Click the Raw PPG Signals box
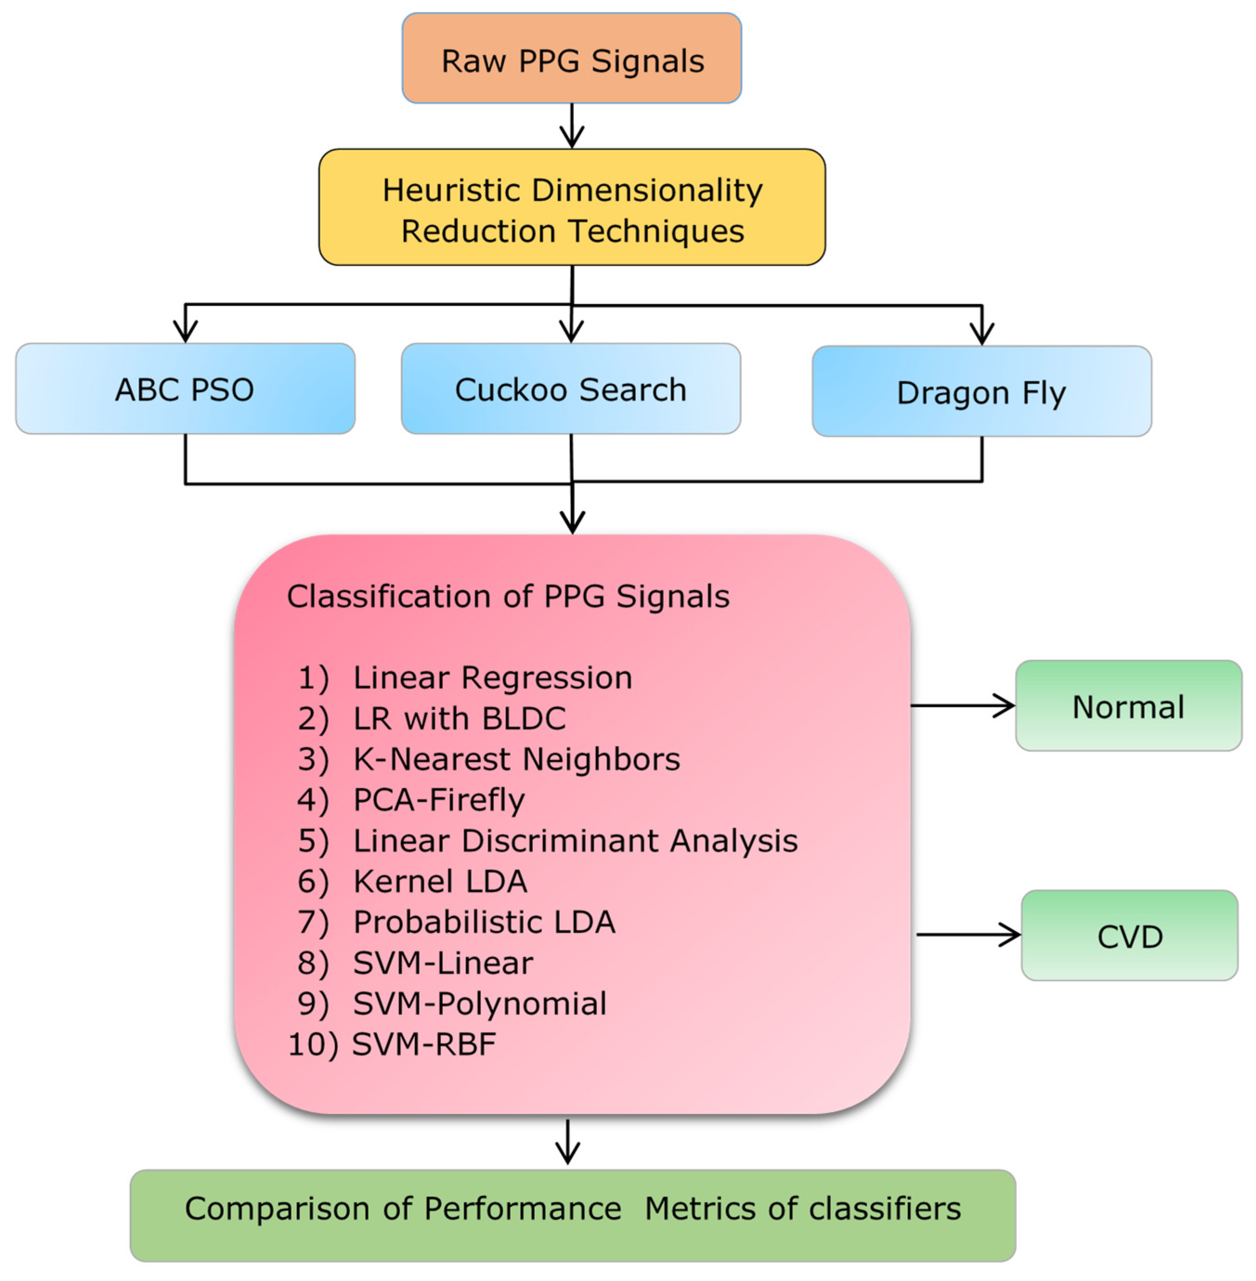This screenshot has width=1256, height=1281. click(x=571, y=59)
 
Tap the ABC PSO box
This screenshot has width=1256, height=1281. click(x=185, y=389)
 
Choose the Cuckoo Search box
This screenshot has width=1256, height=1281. click(x=570, y=389)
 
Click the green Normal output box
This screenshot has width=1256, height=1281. click(x=1128, y=706)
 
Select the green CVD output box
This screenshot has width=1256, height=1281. click(x=1129, y=935)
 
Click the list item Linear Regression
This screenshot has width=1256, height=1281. click(x=492, y=677)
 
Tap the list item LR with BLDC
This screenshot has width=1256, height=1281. click(x=459, y=718)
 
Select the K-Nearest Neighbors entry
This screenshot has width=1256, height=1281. click(x=516, y=759)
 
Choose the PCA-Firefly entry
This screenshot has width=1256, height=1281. click(x=439, y=799)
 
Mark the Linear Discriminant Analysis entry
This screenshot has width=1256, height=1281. click(x=575, y=840)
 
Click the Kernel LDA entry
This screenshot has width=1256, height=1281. click(x=440, y=881)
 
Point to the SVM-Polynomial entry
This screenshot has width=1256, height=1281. click(x=479, y=1003)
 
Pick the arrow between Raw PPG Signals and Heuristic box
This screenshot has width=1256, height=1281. click(x=571, y=125)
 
